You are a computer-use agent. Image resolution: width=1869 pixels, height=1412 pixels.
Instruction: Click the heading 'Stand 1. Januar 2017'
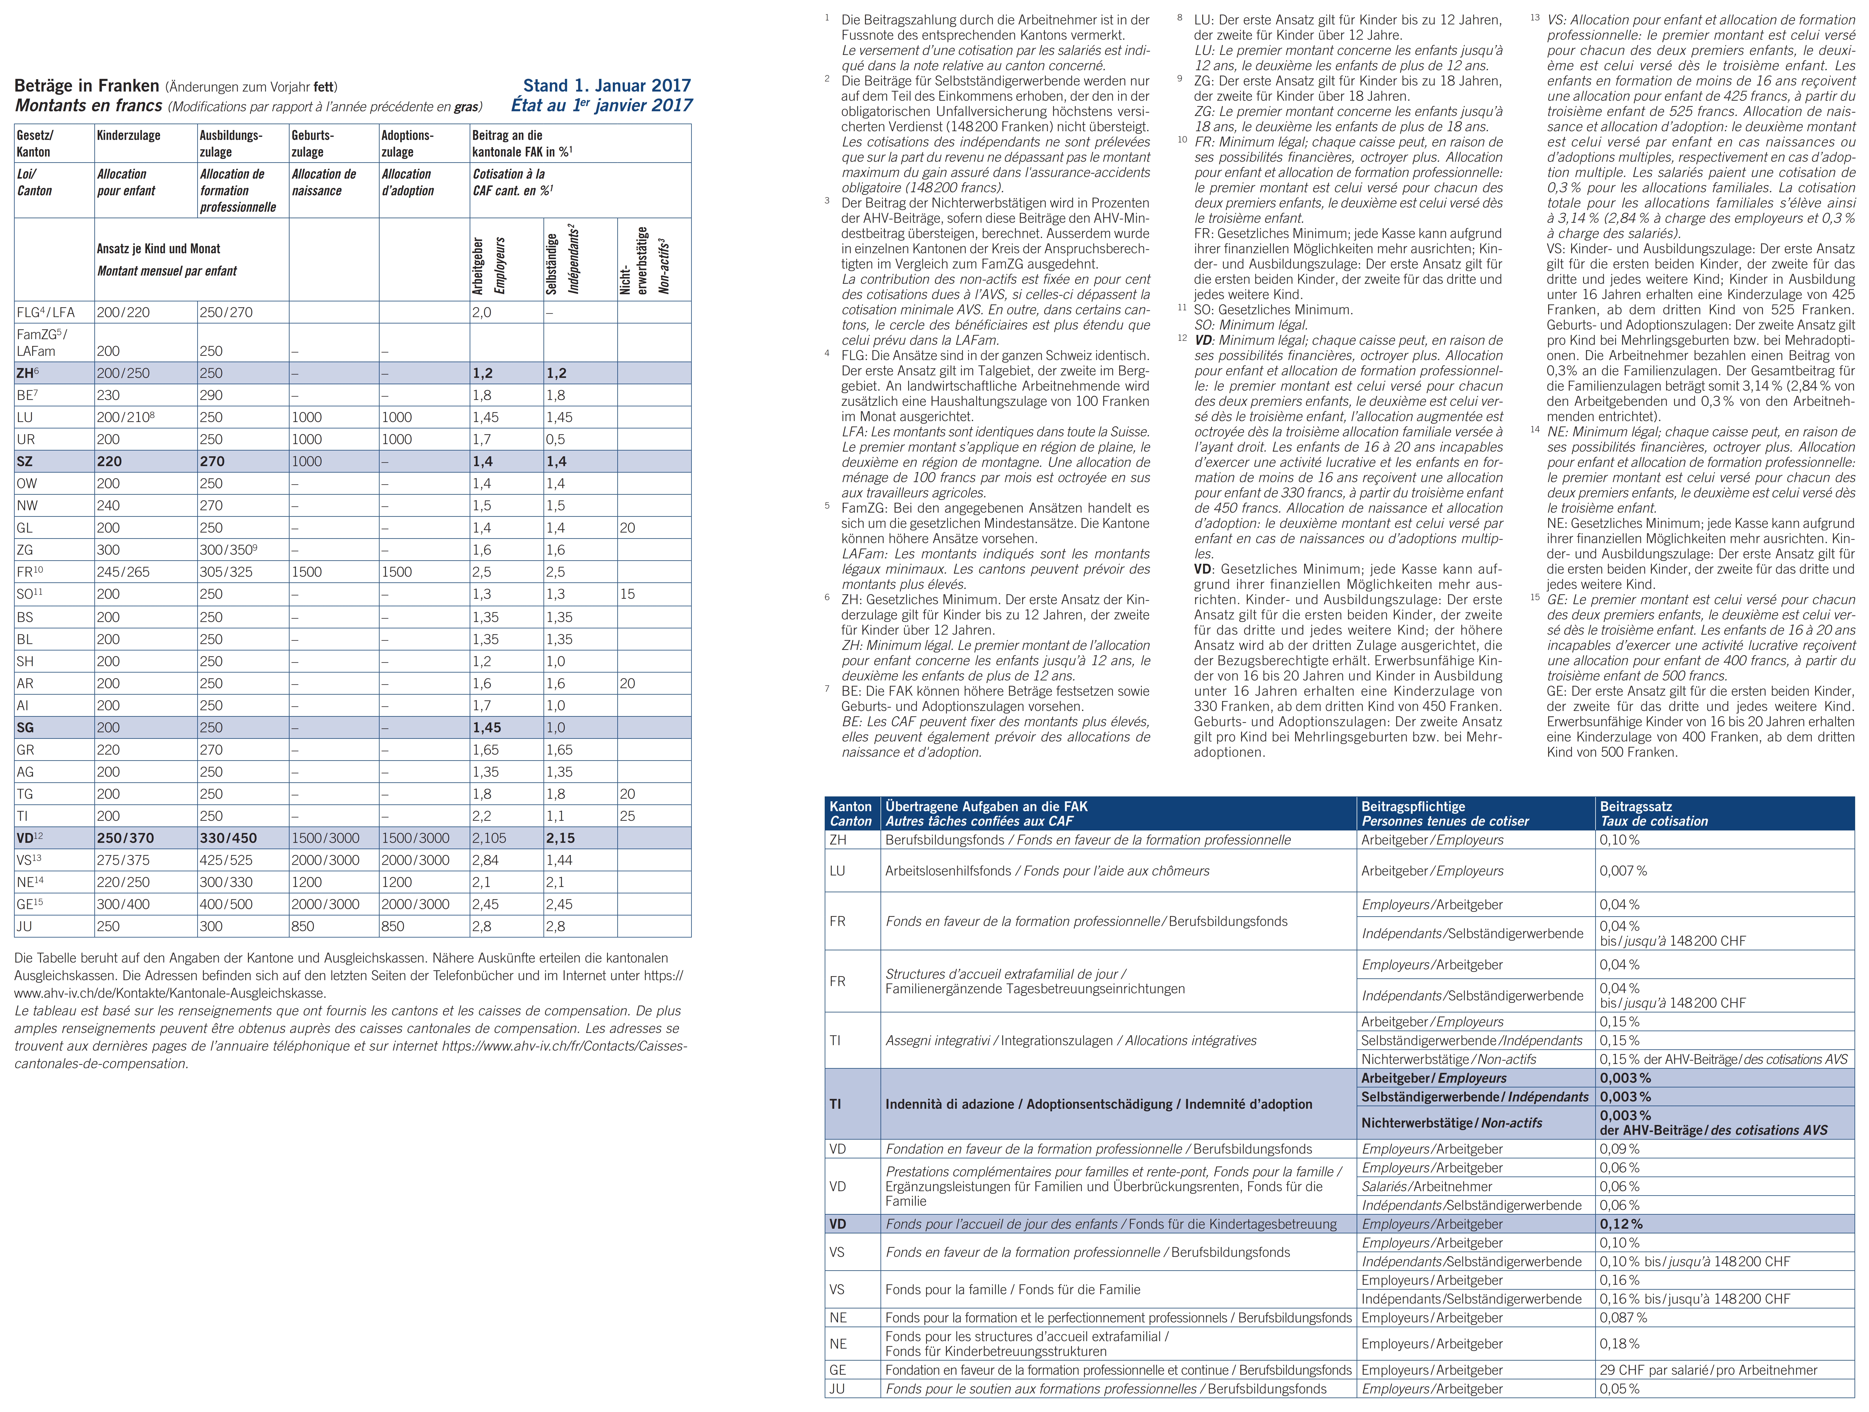coord(607,85)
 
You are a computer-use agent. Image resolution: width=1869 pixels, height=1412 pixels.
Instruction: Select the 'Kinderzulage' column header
coord(128,135)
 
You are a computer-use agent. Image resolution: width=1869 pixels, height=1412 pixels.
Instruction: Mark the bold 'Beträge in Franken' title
coord(87,85)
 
